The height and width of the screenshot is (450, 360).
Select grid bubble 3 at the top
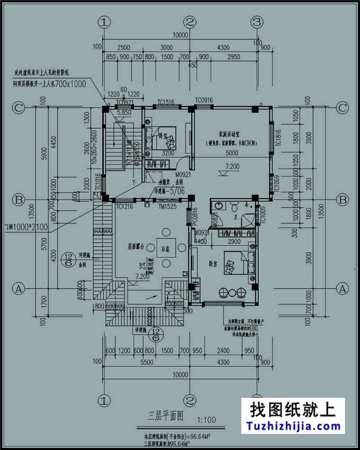(x=256, y=22)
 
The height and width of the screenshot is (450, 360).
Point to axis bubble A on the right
(x=342, y=289)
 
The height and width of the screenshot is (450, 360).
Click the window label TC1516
(x=166, y=102)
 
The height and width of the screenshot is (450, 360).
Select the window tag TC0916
(x=204, y=100)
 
